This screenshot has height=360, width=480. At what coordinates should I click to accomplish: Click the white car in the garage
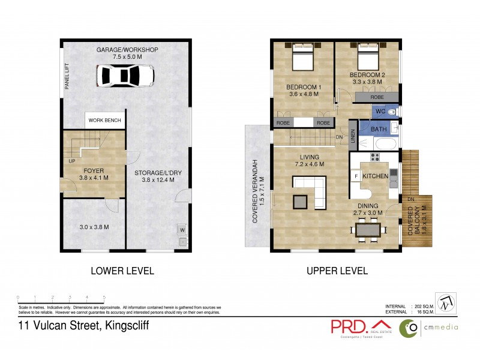[127, 76]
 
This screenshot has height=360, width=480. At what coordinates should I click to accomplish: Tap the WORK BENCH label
[105, 121]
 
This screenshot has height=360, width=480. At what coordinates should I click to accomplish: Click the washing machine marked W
[181, 229]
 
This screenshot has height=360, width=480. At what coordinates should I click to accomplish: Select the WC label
[379, 112]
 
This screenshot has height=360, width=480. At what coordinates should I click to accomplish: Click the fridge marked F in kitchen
[356, 176]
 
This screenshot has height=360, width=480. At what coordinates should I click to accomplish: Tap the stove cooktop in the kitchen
[375, 158]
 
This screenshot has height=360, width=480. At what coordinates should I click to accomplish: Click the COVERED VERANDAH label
[255, 191]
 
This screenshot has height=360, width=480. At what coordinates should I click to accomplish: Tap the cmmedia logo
[428, 328]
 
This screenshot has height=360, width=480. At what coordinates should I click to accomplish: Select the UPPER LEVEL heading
[337, 271]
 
